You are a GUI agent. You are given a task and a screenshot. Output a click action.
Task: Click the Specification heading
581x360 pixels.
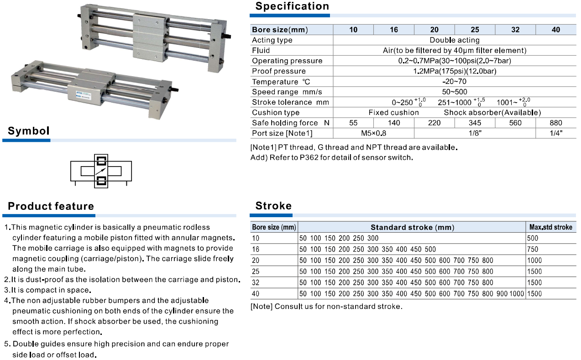292,6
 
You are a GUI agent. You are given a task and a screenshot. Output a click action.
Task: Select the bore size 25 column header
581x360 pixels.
475,30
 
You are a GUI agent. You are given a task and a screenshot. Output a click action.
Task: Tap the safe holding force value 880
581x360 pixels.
556,123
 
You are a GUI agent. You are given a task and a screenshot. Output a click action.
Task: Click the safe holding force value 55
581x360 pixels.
353,123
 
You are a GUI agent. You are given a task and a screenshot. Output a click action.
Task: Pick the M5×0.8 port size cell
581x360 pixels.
373,133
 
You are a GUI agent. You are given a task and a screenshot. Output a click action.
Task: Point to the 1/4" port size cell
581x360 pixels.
556,133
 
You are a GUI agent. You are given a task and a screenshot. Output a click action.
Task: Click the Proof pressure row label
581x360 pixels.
279,71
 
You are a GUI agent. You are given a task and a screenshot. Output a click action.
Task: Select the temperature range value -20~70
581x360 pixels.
454,82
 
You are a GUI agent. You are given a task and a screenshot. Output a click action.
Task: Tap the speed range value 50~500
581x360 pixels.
454,92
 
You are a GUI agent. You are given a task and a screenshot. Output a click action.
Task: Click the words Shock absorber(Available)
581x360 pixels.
492,112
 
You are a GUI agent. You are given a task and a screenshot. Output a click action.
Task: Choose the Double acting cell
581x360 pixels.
454,40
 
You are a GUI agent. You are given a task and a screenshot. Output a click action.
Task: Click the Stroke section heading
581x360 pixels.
273,206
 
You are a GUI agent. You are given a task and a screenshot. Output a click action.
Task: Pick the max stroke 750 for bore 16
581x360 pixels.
533,249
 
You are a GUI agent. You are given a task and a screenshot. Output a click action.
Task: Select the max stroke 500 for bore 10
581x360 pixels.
533,238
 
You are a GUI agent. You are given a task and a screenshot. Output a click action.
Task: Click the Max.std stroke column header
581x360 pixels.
550,227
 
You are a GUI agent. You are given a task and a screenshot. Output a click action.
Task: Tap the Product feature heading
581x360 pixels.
51,206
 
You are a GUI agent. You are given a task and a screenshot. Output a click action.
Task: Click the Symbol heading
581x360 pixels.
29,131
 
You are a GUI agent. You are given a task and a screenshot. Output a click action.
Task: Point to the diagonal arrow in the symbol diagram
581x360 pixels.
101,171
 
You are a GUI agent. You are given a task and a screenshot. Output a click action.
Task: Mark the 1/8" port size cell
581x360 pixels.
475,133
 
